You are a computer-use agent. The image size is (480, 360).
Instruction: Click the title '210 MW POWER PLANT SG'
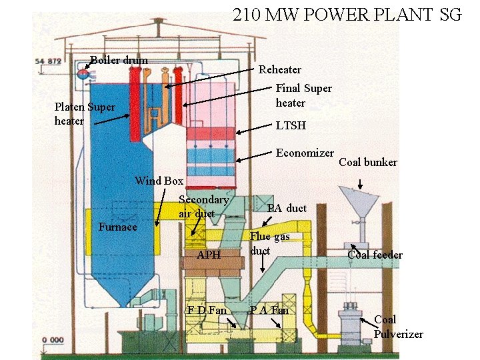click(x=347, y=15)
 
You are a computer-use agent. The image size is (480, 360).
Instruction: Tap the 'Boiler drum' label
click(x=119, y=61)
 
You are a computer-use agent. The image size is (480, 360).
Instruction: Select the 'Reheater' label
click(x=280, y=69)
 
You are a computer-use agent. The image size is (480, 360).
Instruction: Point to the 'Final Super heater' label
click(x=303, y=95)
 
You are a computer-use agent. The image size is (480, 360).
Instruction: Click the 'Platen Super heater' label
click(x=85, y=113)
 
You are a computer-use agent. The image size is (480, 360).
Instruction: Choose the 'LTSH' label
click(x=291, y=125)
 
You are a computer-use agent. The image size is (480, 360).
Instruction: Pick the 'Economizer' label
click(x=305, y=153)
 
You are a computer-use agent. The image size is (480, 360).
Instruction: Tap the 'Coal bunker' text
click(x=368, y=162)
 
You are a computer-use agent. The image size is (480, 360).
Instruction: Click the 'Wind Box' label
click(x=159, y=181)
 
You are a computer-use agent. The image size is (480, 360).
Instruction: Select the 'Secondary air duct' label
click(x=203, y=206)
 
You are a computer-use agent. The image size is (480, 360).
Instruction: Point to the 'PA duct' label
click(x=287, y=208)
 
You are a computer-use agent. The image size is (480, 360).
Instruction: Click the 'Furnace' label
click(x=118, y=227)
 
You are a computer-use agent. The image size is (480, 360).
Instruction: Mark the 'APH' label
click(x=209, y=255)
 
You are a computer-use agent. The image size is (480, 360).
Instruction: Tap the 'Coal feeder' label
click(x=375, y=255)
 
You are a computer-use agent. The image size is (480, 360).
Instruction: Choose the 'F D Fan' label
click(x=207, y=310)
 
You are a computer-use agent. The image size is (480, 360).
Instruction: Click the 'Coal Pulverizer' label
click(x=398, y=327)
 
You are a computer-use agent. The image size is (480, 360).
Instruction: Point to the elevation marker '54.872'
click(x=48, y=61)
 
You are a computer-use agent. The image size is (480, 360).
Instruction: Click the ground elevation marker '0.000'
click(x=53, y=340)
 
